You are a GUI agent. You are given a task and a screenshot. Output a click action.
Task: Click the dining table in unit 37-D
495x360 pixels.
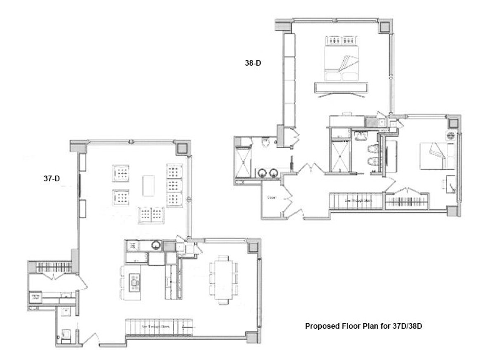(223, 279)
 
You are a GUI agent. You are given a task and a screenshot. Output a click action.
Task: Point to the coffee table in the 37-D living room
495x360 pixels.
(148, 185)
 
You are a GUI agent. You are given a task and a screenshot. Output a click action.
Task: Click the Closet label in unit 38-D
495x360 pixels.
(271, 198)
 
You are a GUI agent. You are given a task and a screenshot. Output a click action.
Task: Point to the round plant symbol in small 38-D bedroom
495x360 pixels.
(451, 135)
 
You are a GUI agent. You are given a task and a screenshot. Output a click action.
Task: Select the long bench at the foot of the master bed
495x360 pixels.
(341, 87)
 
